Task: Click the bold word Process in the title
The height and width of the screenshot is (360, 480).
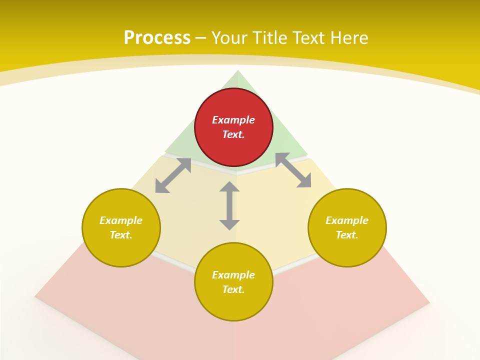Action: click(157, 38)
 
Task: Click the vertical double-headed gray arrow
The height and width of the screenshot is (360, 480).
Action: click(229, 206)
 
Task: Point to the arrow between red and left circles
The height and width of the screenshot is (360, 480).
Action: click(173, 175)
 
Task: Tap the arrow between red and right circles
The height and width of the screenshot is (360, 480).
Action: click(293, 170)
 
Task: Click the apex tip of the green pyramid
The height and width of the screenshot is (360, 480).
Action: click(237, 71)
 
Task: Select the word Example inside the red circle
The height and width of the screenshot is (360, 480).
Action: click(233, 120)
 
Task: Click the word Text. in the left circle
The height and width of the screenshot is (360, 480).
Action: click(121, 235)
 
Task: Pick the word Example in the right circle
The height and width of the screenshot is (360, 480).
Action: click(347, 220)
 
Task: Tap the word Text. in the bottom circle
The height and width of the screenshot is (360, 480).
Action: click(233, 289)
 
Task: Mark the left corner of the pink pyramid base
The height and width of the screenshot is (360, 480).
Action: click(35, 296)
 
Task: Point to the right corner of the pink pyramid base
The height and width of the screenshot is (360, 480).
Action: click(429, 302)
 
